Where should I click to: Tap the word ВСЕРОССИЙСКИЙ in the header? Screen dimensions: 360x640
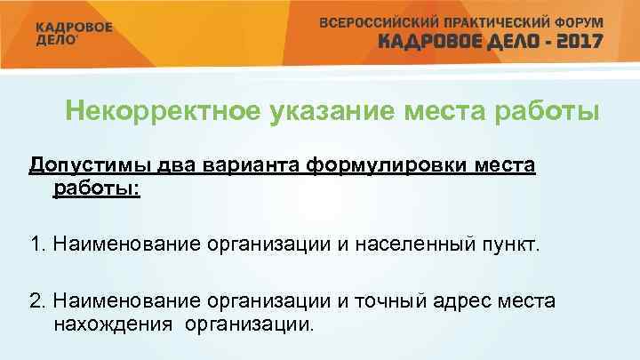[x=377, y=20]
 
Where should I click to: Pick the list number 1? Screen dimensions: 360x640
[x=36, y=243]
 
